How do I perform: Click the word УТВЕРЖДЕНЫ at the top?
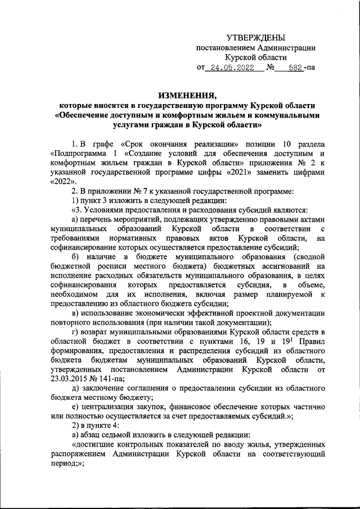pyautogui.click(x=255, y=37)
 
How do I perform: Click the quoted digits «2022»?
pyautogui.click(x=61, y=183)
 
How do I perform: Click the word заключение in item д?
pyautogui.click(x=106, y=388)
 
